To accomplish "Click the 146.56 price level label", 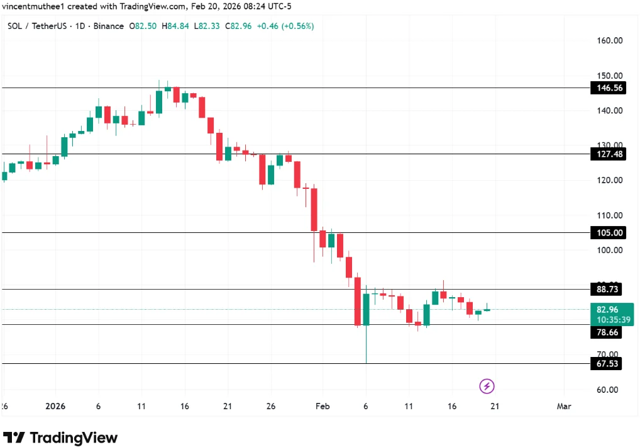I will (x=607, y=88).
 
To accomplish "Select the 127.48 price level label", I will (x=607, y=154).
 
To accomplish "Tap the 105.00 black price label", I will (x=607, y=233).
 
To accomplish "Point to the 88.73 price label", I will (x=607, y=290).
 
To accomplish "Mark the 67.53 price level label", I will (x=607, y=364).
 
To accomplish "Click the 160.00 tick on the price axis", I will (x=609, y=40).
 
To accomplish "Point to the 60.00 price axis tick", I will (x=607, y=390).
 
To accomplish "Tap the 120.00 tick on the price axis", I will (x=609, y=180).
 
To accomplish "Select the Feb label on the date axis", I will (x=323, y=407).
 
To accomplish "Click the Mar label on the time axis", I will (x=564, y=407).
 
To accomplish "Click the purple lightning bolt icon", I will (x=487, y=386).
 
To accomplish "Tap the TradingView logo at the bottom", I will (x=61, y=438).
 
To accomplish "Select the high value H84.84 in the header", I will (x=174, y=26).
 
